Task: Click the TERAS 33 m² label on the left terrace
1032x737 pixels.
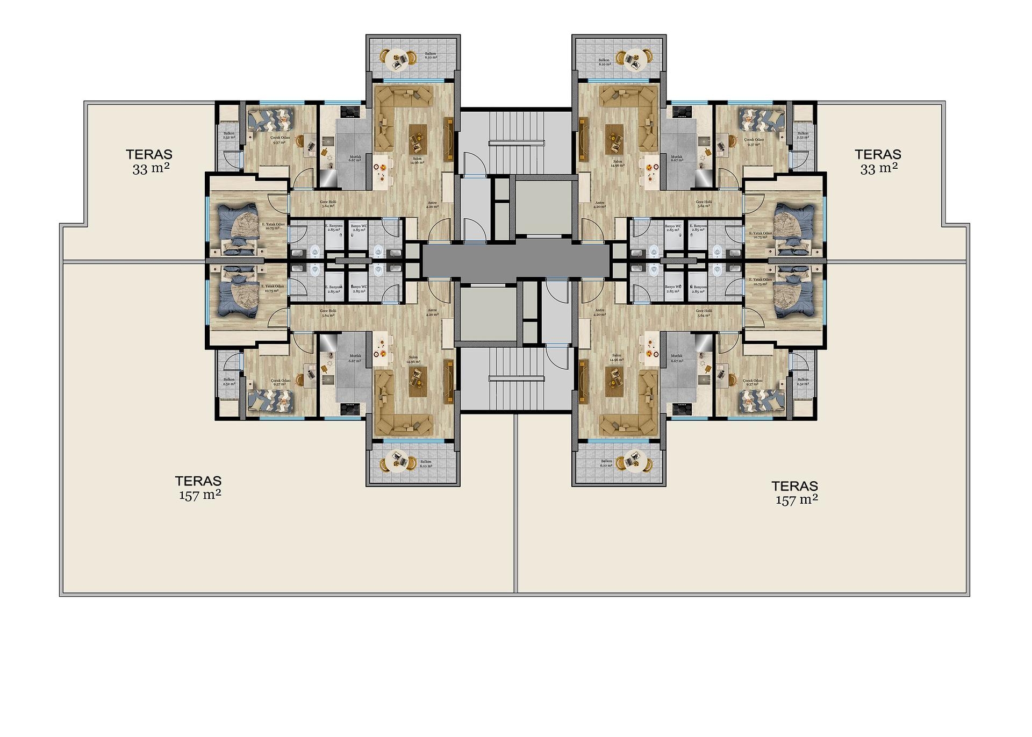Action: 149,161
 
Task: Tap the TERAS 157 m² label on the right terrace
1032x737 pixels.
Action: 795,492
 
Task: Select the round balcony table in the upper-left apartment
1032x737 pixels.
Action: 398,59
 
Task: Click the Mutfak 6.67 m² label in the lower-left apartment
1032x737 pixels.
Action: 355,358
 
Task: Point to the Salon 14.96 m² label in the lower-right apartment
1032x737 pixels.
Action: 616,358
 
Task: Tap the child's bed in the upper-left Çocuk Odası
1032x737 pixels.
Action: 270,119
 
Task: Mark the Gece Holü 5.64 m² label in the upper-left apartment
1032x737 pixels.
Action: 328,204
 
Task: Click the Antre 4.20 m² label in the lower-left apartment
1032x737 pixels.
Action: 432,312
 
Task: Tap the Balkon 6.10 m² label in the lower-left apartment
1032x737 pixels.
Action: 426,463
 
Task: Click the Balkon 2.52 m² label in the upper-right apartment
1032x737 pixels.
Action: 802,135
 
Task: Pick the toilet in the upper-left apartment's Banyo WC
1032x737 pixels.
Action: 379,249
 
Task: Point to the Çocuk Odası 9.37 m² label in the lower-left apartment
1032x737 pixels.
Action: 282,382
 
